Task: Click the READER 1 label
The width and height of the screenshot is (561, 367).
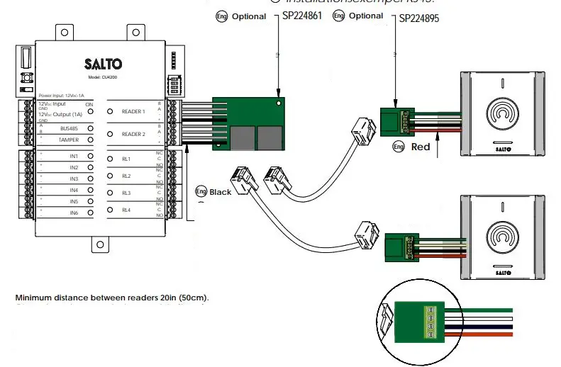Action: click(x=133, y=111)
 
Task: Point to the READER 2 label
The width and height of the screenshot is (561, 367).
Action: click(x=133, y=134)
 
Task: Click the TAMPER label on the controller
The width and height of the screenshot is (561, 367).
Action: click(x=69, y=140)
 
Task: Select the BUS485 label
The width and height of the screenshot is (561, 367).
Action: click(x=69, y=128)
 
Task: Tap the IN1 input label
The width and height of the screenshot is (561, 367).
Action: click(x=74, y=156)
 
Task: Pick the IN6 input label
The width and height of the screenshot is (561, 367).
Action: click(x=74, y=213)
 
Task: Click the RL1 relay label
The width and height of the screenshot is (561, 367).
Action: click(x=126, y=158)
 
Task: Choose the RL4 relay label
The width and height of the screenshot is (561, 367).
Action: click(x=126, y=210)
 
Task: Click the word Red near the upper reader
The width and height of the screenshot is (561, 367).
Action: click(x=421, y=147)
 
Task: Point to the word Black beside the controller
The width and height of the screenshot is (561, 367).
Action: click(x=220, y=192)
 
